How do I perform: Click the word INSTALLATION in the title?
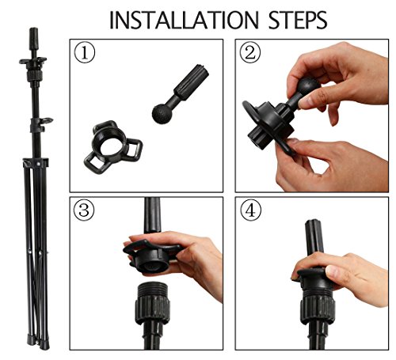(x=184, y=21)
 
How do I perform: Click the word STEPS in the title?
(x=298, y=21)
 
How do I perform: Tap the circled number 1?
(x=85, y=52)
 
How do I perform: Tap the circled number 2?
(x=250, y=52)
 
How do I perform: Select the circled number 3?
(x=84, y=210)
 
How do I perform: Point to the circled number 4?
(x=251, y=210)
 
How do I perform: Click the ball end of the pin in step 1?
(x=162, y=113)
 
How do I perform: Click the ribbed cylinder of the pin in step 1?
(x=192, y=81)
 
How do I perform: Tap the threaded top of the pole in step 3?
(x=151, y=289)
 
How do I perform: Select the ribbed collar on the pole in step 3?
(x=152, y=309)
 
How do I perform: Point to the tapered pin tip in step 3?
(x=153, y=214)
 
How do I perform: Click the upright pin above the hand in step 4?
(x=314, y=237)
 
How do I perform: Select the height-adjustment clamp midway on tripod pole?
(x=40, y=125)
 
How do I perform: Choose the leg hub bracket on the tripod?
(x=36, y=162)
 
